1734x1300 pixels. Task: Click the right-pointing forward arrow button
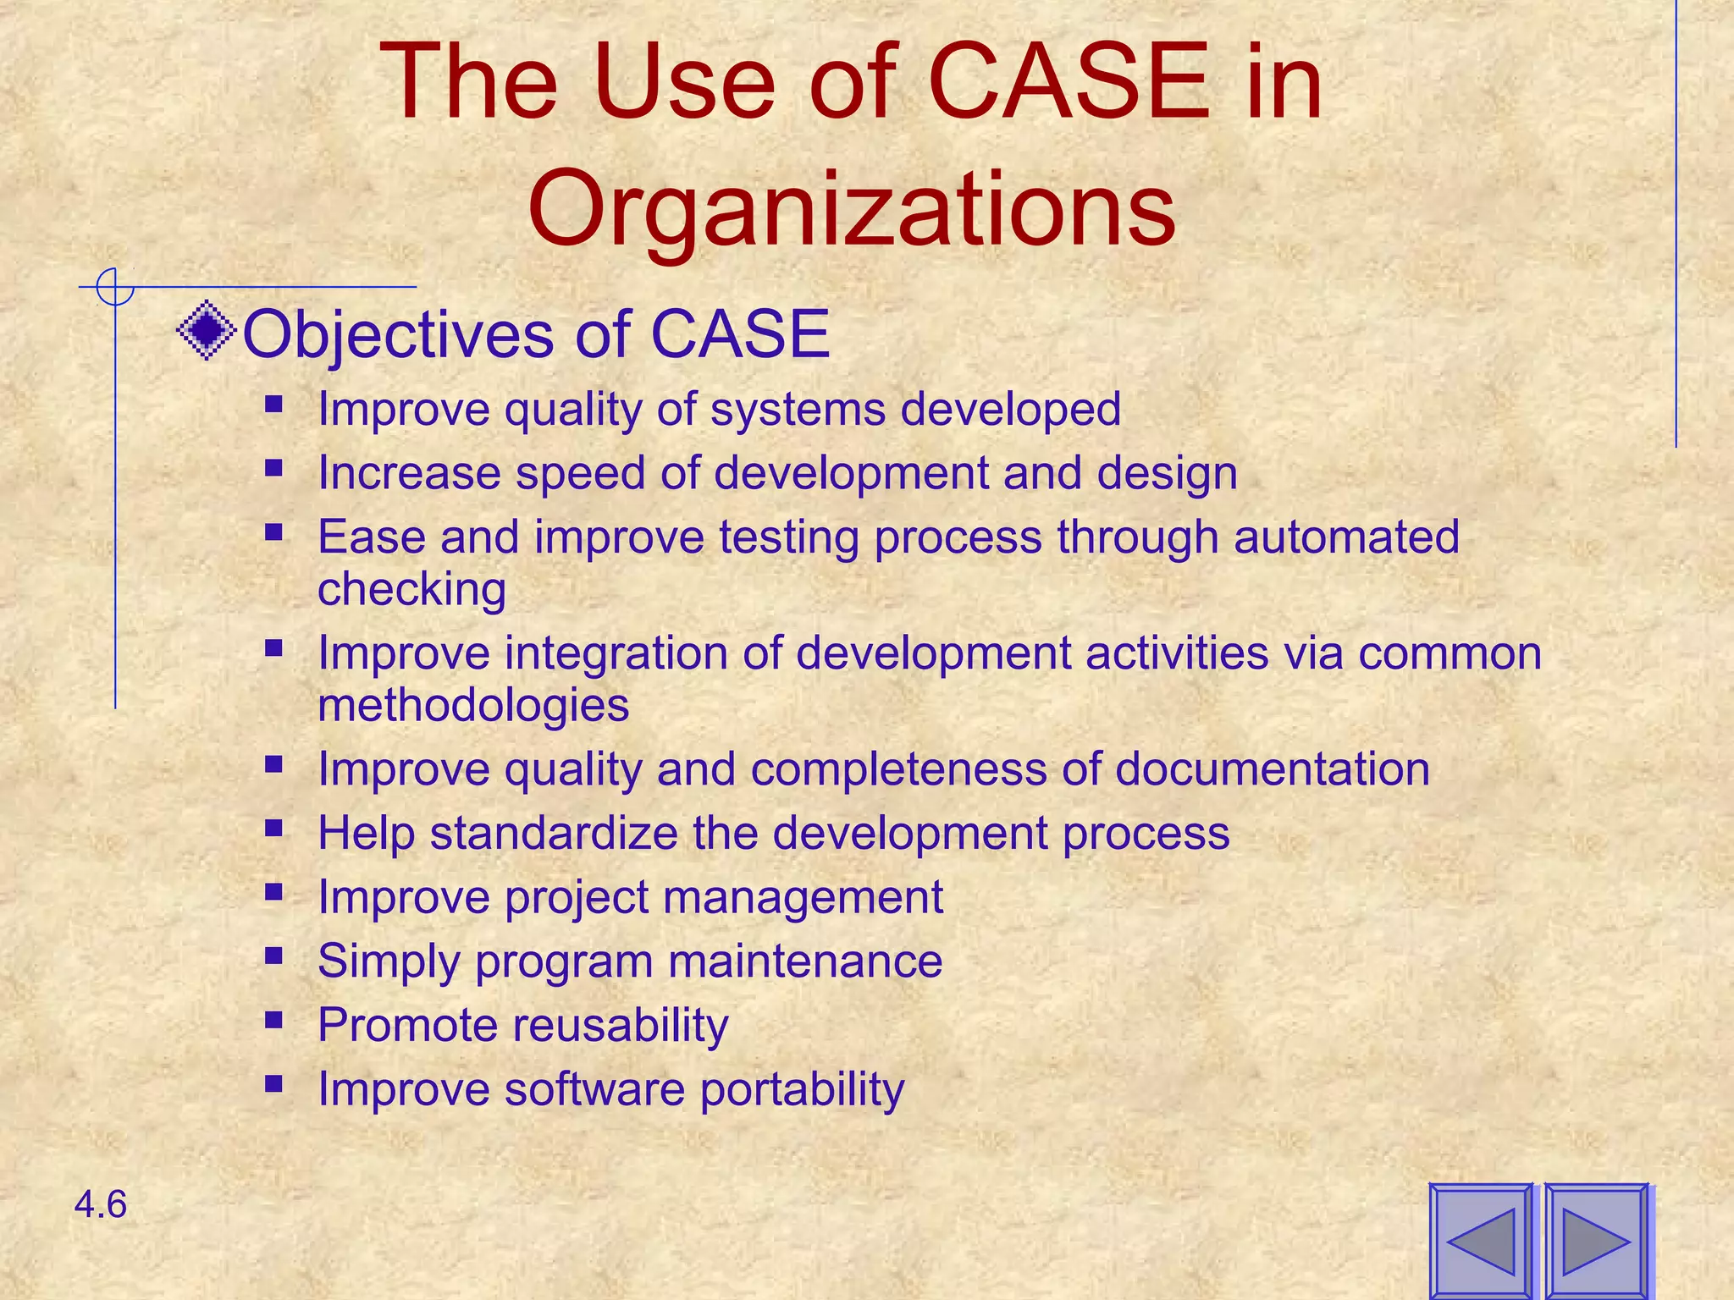[x=1597, y=1241]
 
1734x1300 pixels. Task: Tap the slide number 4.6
[x=101, y=1204]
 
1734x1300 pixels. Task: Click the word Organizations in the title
[x=852, y=209]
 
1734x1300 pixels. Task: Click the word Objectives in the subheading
[x=398, y=334]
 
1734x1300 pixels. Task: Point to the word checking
[x=411, y=589]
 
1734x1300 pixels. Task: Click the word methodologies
[x=473, y=705]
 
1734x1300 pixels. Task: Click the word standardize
[x=554, y=833]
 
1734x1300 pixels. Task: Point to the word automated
[x=1346, y=537]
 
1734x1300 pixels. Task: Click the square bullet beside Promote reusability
[x=273, y=1020]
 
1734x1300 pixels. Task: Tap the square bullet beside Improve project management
[x=273, y=891]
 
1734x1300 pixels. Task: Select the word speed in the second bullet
[x=581, y=473]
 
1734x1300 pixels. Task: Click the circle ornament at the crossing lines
[x=115, y=287]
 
